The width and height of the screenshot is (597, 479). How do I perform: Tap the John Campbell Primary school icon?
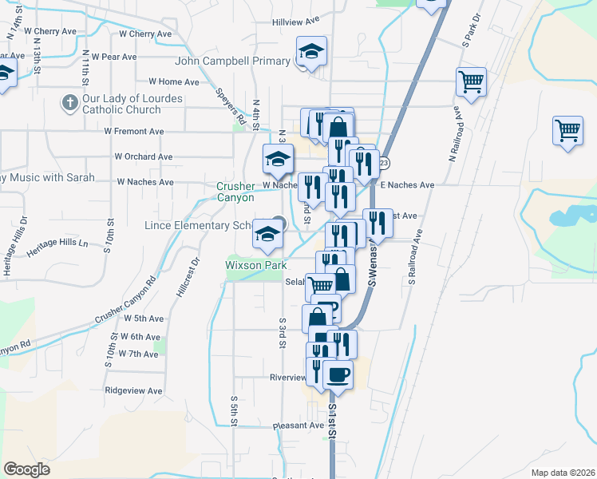tap(311, 53)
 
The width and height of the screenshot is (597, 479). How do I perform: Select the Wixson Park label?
tap(254, 262)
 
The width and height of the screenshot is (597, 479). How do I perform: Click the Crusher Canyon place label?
tap(235, 192)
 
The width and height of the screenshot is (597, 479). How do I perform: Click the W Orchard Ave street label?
tap(144, 156)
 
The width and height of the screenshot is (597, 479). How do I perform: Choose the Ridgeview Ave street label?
tap(133, 391)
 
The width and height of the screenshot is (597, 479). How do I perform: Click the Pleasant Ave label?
tap(297, 426)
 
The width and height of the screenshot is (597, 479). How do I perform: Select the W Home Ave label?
tap(174, 81)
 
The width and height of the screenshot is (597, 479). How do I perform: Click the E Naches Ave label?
tap(407, 185)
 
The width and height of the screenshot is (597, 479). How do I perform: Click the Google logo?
tap(26, 469)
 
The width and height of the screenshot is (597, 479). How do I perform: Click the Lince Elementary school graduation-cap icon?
tap(267, 234)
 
